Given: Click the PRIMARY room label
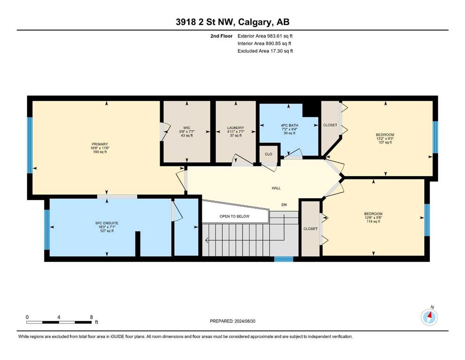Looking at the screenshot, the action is click(x=100, y=144).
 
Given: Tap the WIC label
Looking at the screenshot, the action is click(x=187, y=128).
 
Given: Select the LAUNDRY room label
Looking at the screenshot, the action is click(x=236, y=128).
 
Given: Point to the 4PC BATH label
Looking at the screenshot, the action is click(x=289, y=126).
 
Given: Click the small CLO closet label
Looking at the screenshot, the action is click(x=268, y=154).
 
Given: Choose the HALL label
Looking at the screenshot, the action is click(x=276, y=188).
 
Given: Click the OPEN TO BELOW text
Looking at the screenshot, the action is click(x=235, y=217).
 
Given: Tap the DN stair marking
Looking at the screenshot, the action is click(x=284, y=205).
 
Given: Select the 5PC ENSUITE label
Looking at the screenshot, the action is click(x=107, y=223).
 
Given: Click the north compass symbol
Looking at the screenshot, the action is click(x=429, y=317).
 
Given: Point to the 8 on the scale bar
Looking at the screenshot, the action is click(x=91, y=317).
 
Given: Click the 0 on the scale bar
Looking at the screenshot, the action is click(x=27, y=317).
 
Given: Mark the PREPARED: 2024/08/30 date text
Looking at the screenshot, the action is click(x=232, y=321).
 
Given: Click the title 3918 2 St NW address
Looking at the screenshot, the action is click(x=205, y=22).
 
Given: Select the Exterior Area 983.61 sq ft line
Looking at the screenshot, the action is click(x=265, y=36).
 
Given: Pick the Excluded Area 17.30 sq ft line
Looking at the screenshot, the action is click(x=265, y=51).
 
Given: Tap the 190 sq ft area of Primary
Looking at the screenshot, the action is click(x=100, y=152).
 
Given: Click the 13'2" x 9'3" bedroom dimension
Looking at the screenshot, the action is click(x=385, y=139).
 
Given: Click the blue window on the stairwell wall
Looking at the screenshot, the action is click(x=284, y=259).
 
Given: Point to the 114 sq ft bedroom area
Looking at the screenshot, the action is click(x=373, y=221).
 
